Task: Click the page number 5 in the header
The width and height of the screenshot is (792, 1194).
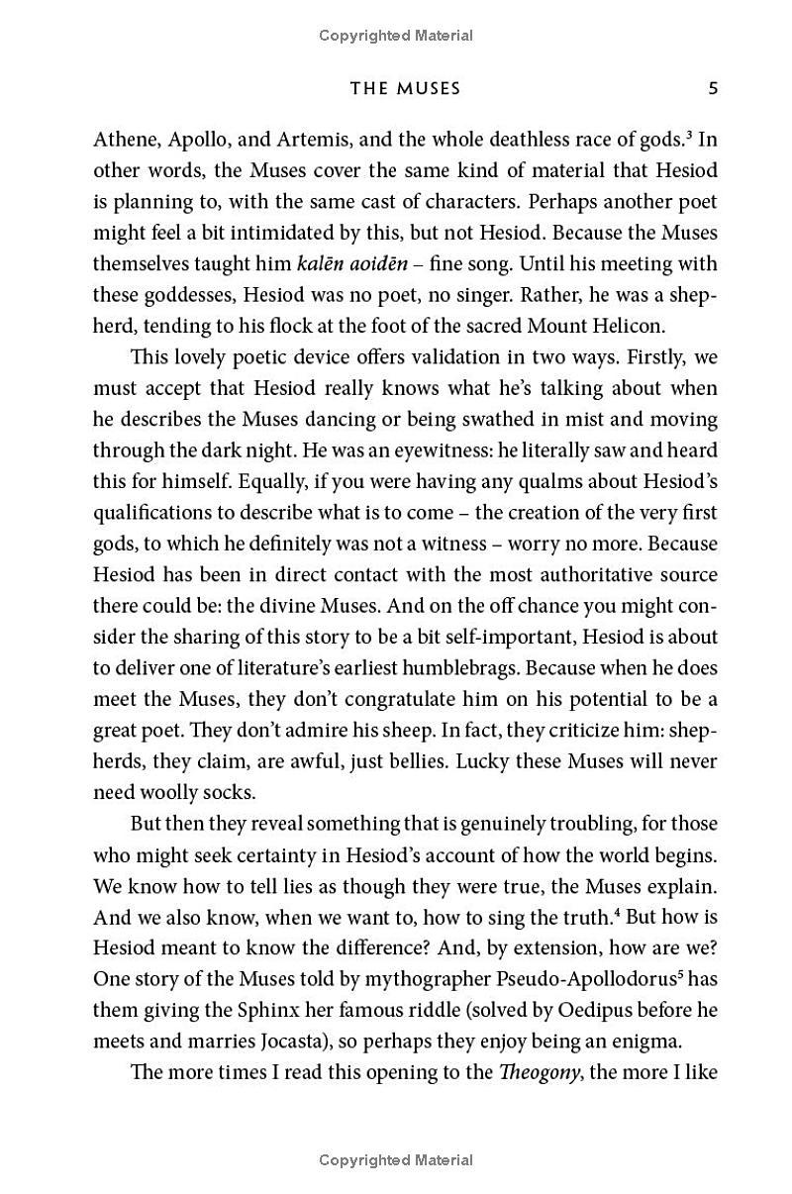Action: coord(713,89)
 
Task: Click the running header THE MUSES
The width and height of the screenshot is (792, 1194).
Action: coord(406,89)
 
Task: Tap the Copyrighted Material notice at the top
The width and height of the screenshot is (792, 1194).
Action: coord(396,36)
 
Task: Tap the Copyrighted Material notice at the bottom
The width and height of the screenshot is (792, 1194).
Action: coord(396,1160)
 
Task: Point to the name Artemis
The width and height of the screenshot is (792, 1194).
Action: coord(319,140)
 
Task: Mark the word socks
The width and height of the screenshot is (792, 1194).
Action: coord(229,793)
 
